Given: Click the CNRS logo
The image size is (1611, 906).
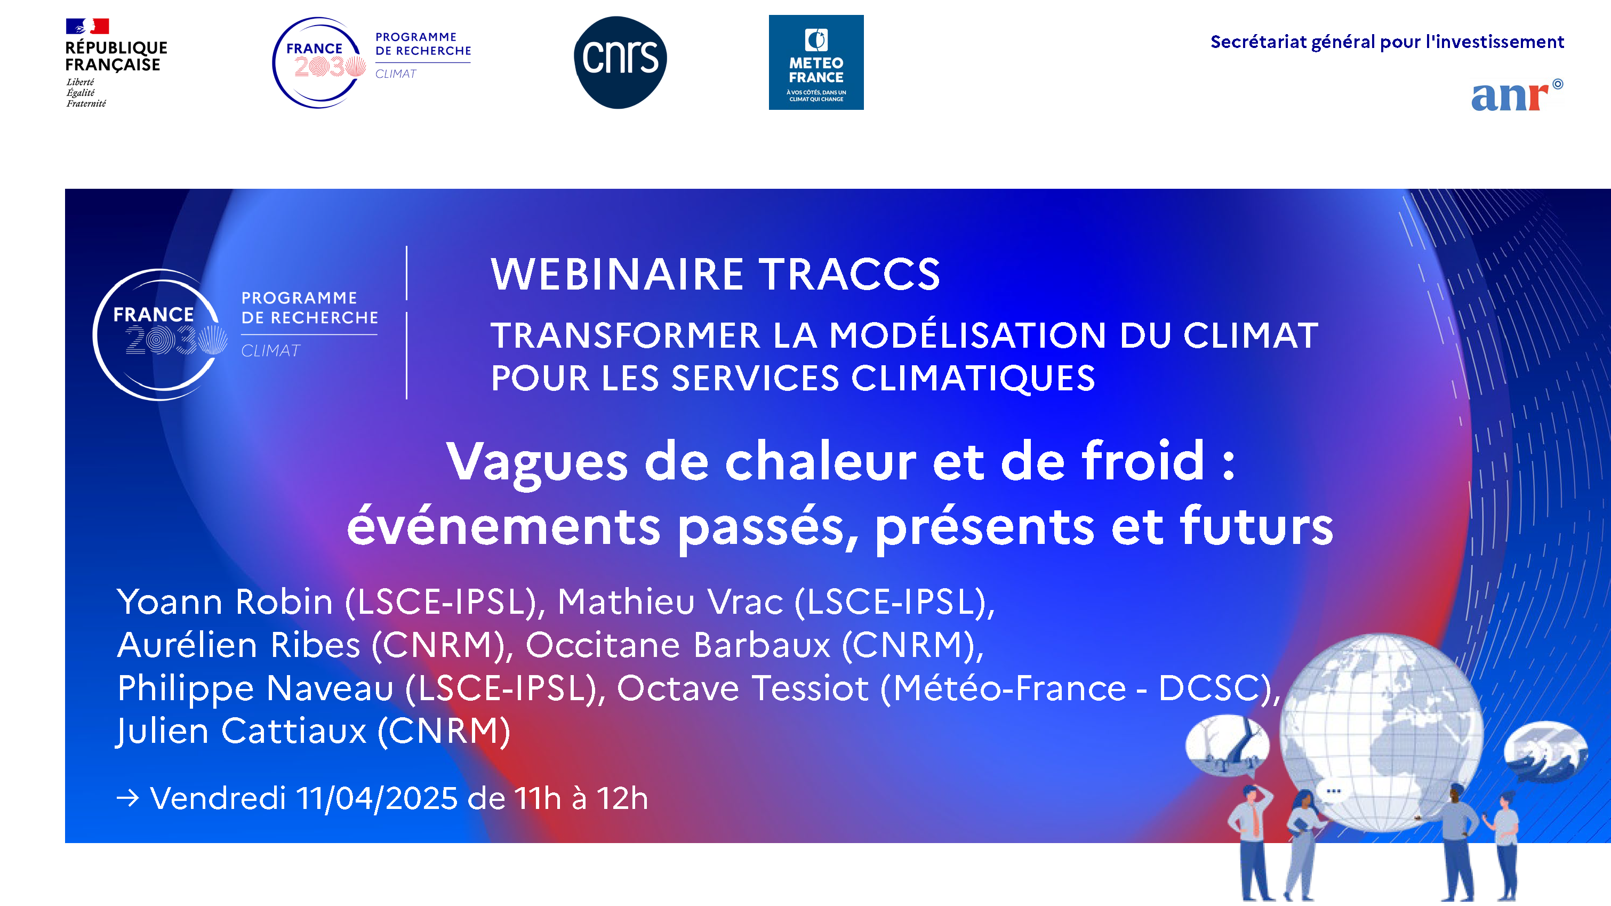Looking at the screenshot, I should [x=620, y=62].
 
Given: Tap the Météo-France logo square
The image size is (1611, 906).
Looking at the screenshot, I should [x=815, y=62].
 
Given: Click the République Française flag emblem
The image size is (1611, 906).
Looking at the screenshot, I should [x=87, y=26].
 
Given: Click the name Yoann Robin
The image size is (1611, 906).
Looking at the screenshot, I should [x=225, y=602].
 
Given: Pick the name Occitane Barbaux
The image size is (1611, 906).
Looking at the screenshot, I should [x=678, y=645].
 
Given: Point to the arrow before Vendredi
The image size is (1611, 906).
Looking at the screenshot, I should [x=128, y=798].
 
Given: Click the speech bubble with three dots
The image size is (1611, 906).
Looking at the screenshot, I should [x=1333, y=791].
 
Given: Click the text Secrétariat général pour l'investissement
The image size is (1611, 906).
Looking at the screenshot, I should [x=1386, y=42].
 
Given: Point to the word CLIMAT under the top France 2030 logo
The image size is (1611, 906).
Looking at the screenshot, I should [x=396, y=74].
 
